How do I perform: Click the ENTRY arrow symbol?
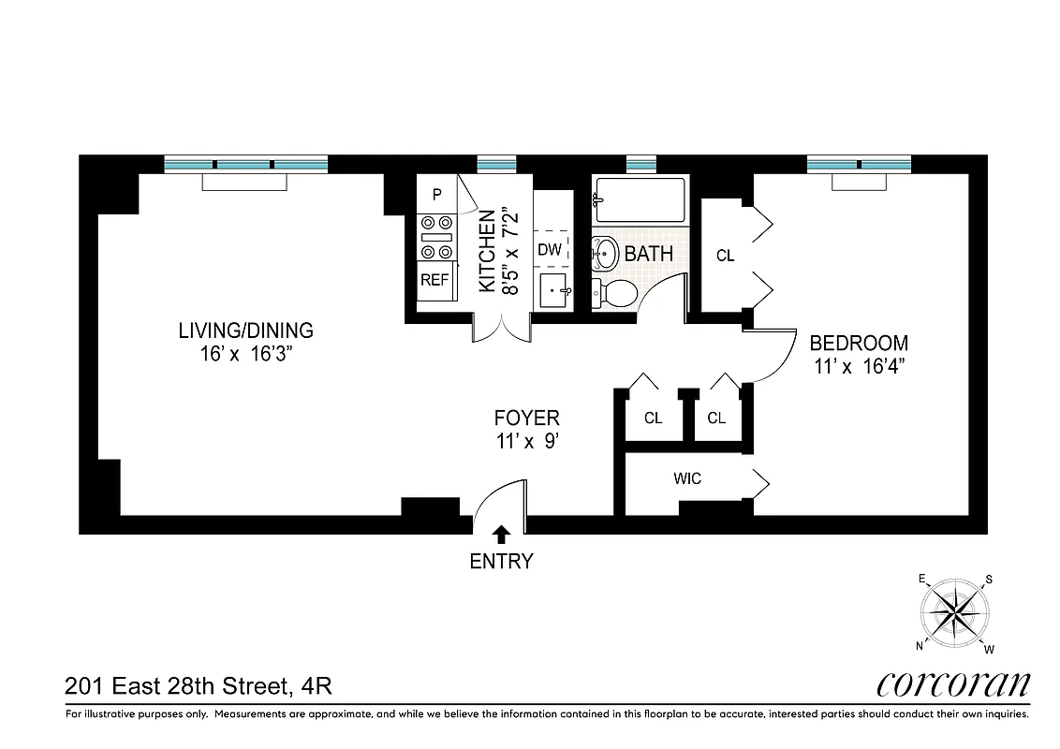(501, 534)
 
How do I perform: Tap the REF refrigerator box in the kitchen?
(434, 280)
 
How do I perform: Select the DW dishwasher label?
(550, 250)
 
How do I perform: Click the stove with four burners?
(436, 237)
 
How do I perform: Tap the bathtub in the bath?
(640, 201)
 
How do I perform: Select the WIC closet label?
(686, 478)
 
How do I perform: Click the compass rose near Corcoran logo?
(956, 613)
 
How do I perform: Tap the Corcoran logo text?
(953, 684)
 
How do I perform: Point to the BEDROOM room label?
(859, 343)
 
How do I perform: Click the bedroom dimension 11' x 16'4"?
(859, 367)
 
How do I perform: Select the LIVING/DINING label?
(246, 330)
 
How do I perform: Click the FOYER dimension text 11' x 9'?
(527, 443)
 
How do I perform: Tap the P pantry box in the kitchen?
(435, 195)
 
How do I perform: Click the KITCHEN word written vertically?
(487, 252)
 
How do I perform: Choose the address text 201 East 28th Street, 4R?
(199, 687)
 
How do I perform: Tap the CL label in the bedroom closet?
(725, 256)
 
